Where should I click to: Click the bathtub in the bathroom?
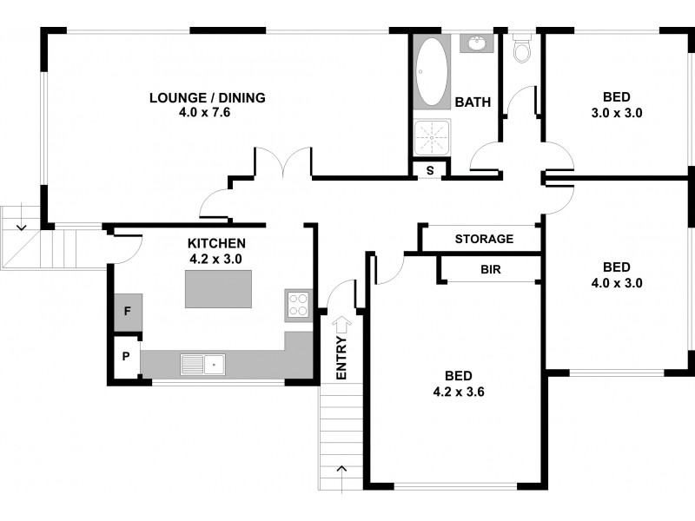coord(431,72)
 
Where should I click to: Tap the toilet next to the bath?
coord(522,50)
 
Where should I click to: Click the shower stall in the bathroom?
coord(431,136)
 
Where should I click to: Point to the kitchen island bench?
coord(218,288)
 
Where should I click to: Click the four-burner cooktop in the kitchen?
coord(298,305)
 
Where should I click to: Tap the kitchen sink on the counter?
coord(202,365)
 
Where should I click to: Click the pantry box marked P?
coord(126,357)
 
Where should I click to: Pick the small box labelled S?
coord(428,170)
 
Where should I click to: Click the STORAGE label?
coord(484,239)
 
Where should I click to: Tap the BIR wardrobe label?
coord(490,269)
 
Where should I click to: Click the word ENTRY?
coord(341,358)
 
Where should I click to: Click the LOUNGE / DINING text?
coord(208,97)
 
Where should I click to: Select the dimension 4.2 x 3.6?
coord(458,392)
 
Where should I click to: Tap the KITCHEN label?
coord(216,243)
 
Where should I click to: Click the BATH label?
coord(473,102)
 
